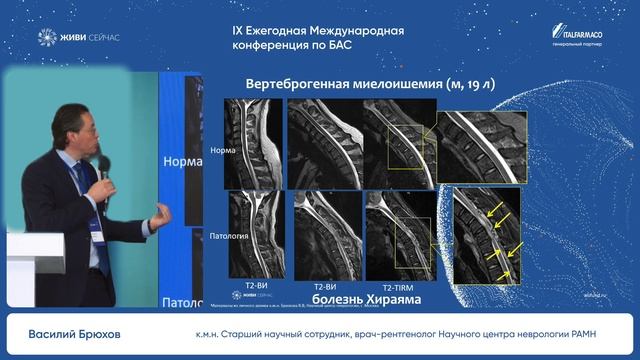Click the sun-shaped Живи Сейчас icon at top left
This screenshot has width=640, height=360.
(46, 38)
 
